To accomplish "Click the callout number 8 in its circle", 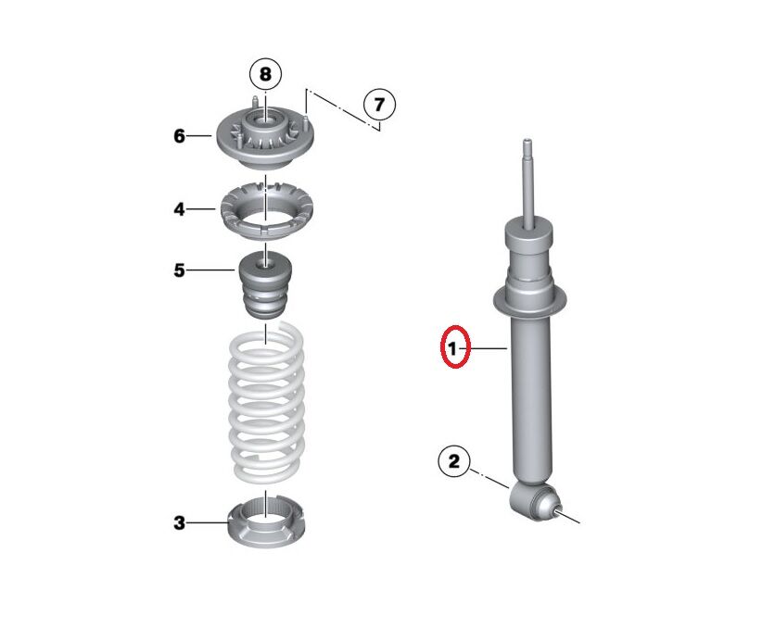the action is click(265, 74).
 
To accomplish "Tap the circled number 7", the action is click(379, 105).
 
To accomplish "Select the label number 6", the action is click(179, 136).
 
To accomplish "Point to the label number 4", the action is click(179, 209).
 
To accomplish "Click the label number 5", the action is click(179, 270).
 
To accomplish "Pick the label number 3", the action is click(179, 522).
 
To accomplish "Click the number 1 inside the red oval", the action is click(452, 348).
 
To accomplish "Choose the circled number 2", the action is click(453, 461).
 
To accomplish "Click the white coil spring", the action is click(267, 402).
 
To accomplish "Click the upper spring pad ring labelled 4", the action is click(267, 211).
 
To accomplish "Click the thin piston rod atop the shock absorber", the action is click(527, 183).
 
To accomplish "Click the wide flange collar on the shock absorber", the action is click(530, 301).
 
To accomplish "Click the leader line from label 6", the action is click(199, 136).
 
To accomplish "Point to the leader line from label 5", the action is click(211, 270).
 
